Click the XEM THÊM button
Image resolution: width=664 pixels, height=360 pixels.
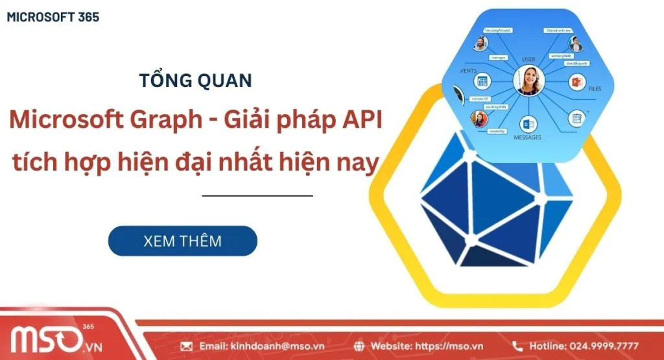coord(182,241)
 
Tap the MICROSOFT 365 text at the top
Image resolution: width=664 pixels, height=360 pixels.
coord(53,18)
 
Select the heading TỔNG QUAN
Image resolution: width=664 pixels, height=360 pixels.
coord(195,81)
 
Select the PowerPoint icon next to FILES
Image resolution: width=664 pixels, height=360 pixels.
coord(576,83)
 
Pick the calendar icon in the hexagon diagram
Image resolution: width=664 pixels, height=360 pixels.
coord(481,82)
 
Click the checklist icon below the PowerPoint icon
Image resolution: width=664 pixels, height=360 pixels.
coord(576,118)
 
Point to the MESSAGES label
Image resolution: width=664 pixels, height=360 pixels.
coord(527,138)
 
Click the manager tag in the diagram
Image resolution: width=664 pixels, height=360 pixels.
coord(498,58)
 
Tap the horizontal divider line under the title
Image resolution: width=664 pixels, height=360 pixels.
coord(257,195)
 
